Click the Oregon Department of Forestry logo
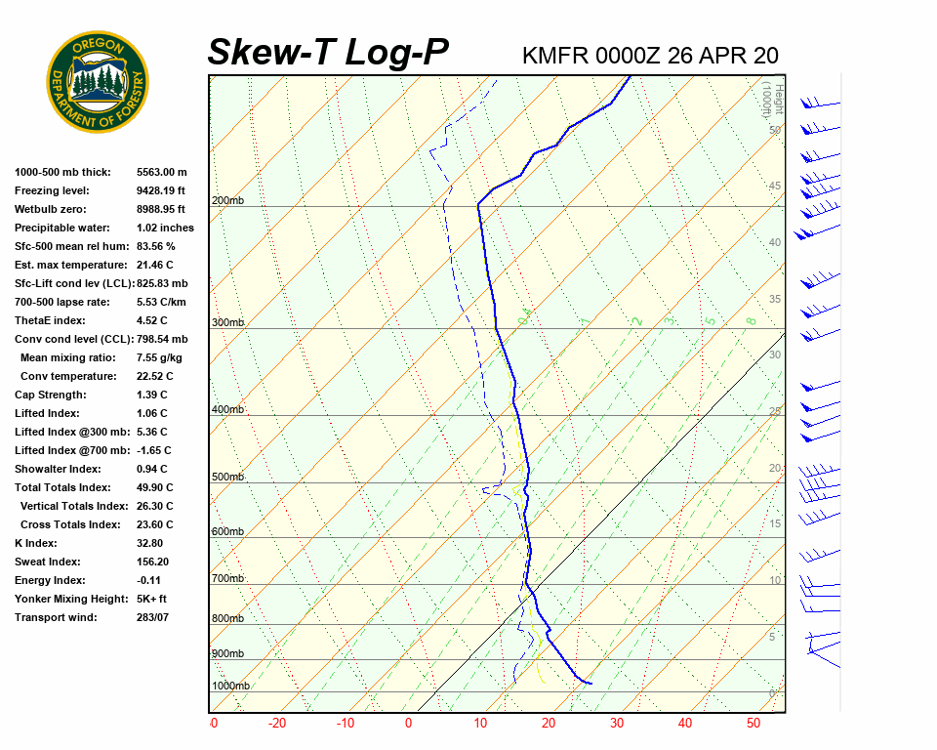(98, 82)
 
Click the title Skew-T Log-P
(329, 52)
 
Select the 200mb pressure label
(227, 200)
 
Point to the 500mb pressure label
(227, 477)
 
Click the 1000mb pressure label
(230, 686)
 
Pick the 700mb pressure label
(227, 579)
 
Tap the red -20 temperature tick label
(277, 724)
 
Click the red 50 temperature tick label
(753, 724)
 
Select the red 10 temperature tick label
(480, 724)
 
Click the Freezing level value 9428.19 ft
(161, 190)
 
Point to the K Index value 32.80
(150, 543)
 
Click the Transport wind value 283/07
(153, 617)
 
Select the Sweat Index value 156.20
(153, 562)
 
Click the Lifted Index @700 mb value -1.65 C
(154, 450)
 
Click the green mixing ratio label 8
(751, 320)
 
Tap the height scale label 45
(775, 187)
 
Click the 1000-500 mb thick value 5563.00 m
(162, 172)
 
